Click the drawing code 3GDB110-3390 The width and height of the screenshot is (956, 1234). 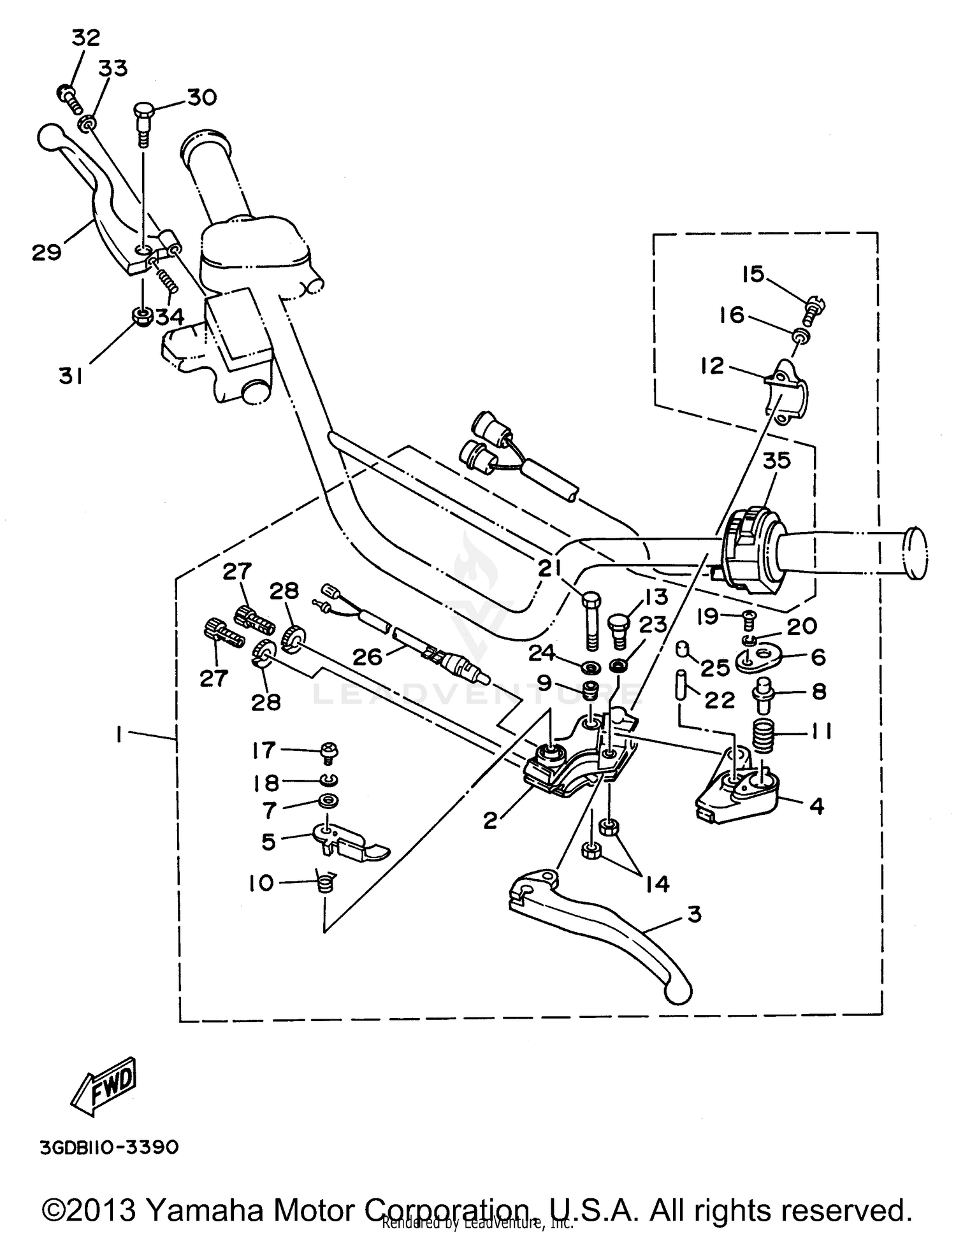(109, 1147)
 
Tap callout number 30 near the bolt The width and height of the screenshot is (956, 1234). (201, 97)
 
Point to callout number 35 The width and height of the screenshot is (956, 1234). (776, 460)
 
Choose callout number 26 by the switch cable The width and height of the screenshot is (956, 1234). (367, 656)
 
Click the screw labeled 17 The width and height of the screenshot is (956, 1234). (330, 752)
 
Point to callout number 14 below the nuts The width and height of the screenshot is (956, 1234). (658, 884)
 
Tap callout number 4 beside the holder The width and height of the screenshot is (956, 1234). (816, 806)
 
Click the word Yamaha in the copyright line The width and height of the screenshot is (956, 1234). (206, 1210)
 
